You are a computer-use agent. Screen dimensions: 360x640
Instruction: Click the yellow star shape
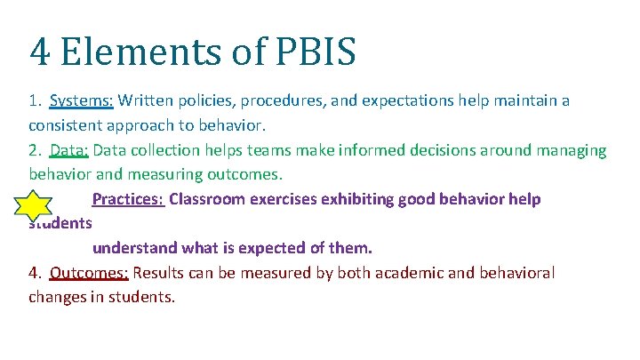click(x=34, y=206)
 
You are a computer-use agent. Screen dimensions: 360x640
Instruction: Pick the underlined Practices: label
click(x=128, y=199)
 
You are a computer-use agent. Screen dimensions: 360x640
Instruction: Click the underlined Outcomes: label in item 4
click(x=90, y=273)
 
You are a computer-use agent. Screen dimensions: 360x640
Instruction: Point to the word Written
click(x=146, y=100)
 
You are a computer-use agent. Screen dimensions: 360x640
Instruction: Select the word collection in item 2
click(x=164, y=150)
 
